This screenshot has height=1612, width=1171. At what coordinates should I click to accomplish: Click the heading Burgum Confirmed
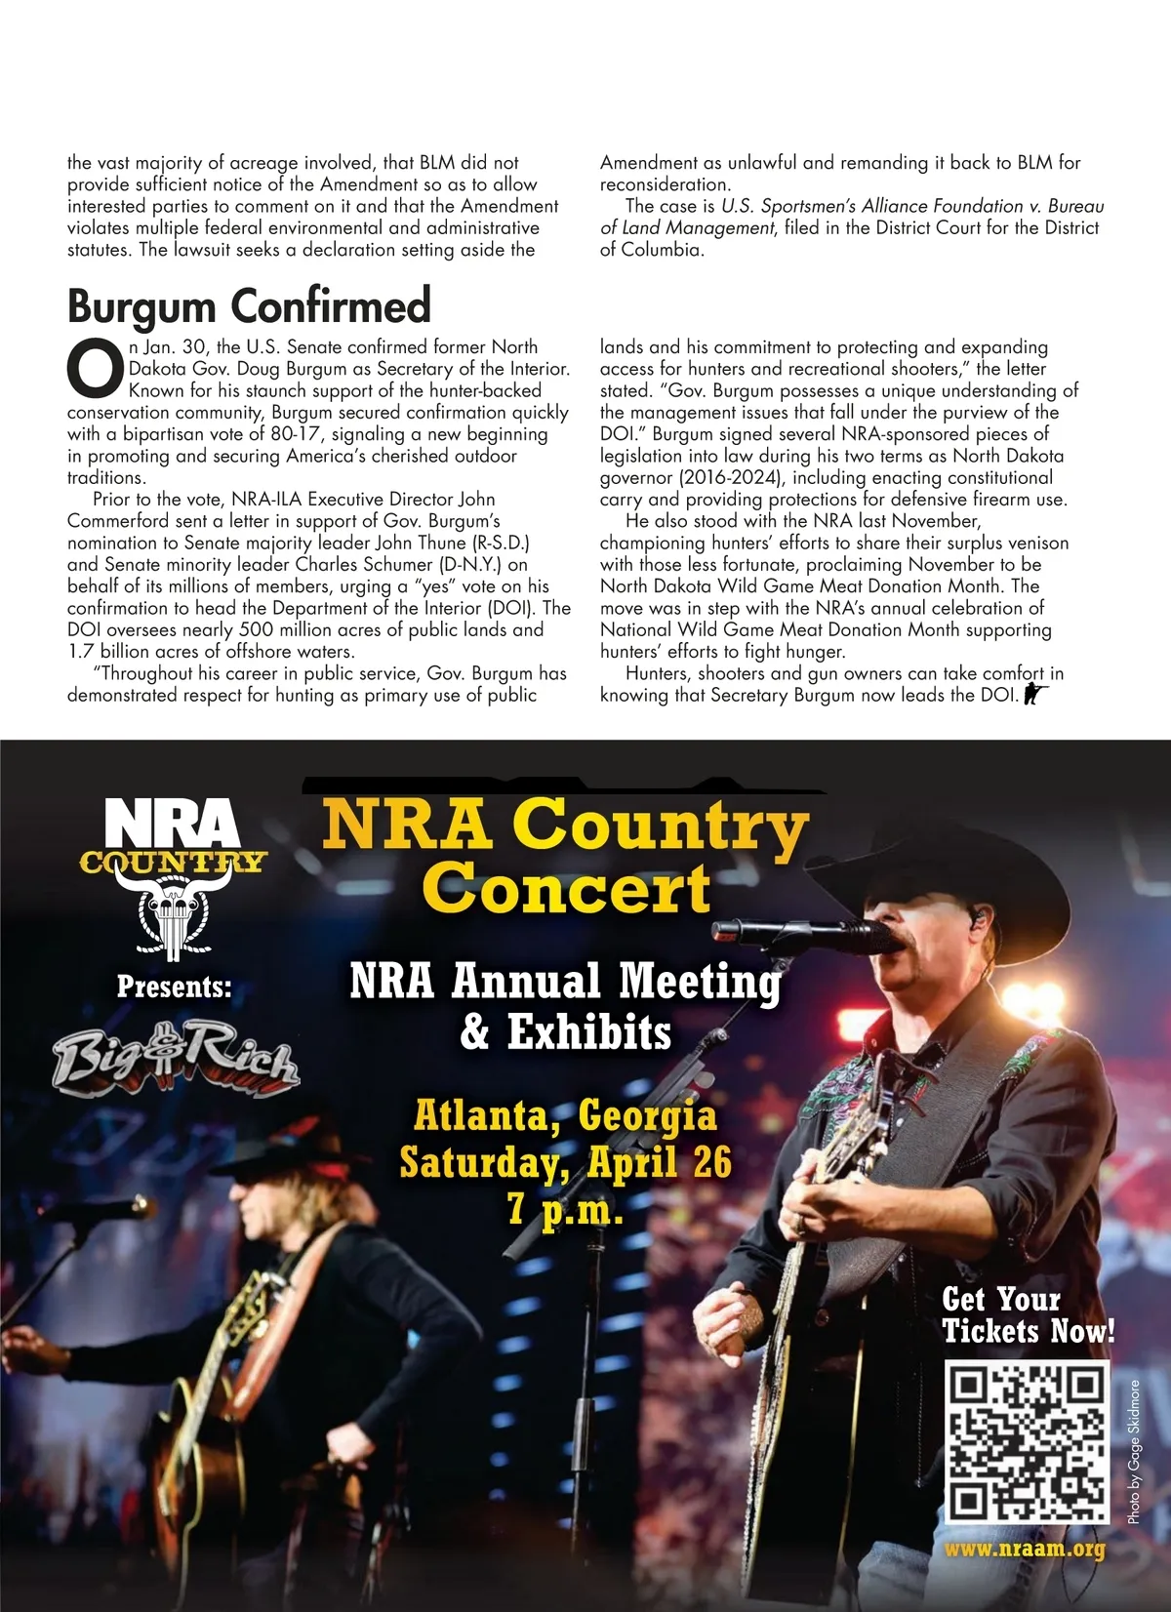[x=249, y=305]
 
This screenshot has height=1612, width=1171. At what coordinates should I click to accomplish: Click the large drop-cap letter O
[x=95, y=370]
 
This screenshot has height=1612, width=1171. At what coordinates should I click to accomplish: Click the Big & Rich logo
[x=176, y=1058]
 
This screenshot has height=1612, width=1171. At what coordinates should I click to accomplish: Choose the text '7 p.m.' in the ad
[x=565, y=1210]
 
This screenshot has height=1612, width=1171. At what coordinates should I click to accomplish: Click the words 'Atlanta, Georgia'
[x=565, y=1114]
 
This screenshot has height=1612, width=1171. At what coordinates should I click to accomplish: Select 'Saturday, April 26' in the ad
[x=565, y=1162]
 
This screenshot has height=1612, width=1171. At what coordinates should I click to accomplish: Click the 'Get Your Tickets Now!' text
[x=1028, y=1315]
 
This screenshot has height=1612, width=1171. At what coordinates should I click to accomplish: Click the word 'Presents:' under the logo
[x=175, y=987]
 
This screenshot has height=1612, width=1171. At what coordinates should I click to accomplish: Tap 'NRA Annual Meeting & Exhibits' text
[x=565, y=1006]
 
